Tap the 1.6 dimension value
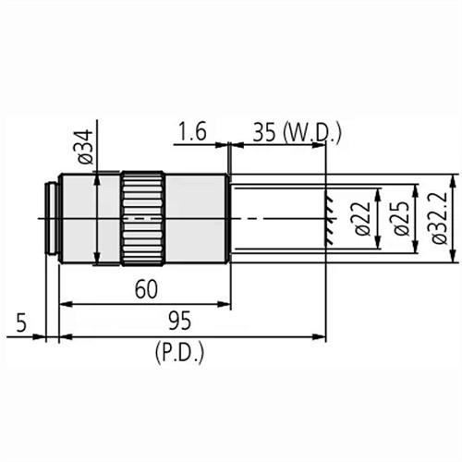tap(192, 132)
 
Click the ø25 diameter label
tap(402, 218)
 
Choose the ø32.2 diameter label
tap(441, 218)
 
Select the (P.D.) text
tap(179, 352)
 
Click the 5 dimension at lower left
tap(21, 322)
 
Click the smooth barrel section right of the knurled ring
tap(196, 218)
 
